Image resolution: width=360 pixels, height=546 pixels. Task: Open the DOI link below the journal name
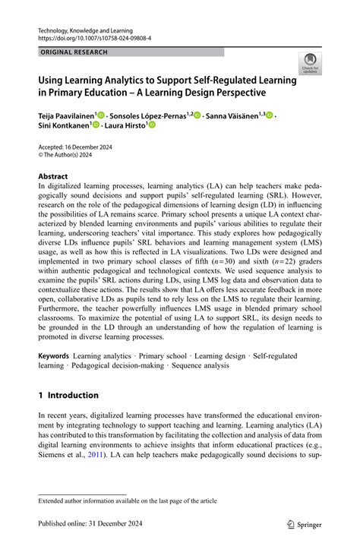(x=90, y=37)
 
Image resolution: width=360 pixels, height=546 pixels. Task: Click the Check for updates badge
(x=309, y=64)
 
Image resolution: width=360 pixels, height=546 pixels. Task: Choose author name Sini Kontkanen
(x=64, y=127)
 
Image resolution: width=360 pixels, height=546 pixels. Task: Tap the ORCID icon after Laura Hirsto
(x=152, y=126)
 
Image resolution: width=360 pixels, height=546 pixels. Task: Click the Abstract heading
(x=53, y=176)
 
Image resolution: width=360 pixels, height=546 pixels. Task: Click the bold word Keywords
(x=54, y=355)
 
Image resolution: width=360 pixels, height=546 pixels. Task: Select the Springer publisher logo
(x=303, y=523)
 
